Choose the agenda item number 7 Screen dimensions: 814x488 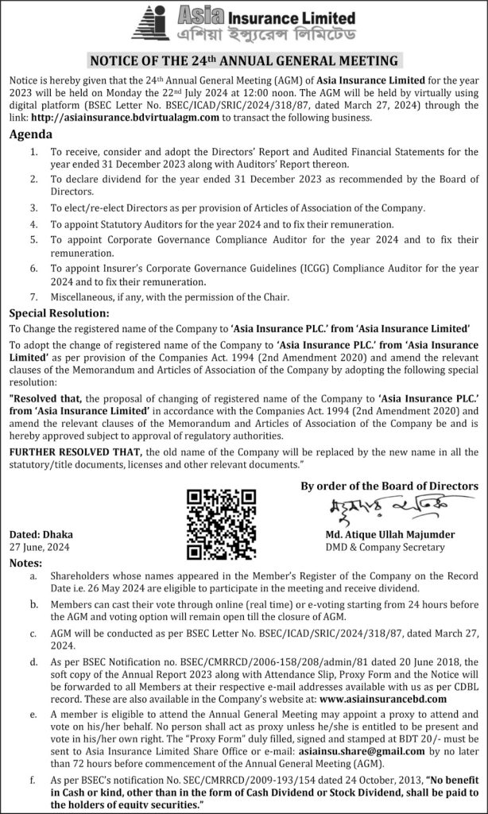[33, 297]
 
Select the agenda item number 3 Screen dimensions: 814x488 [33, 207]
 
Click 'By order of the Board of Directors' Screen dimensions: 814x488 [389, 486]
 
